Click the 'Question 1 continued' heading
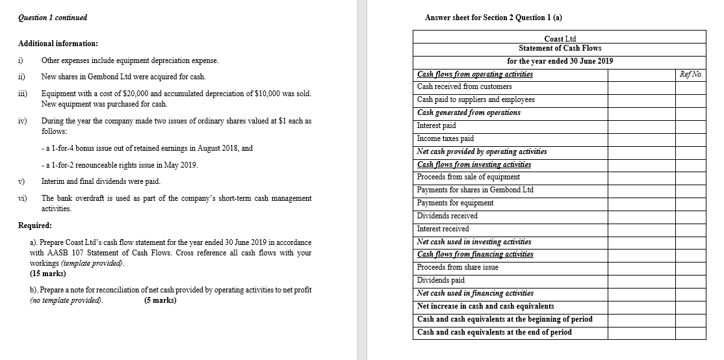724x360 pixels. coord(53,18)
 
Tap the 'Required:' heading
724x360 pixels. coord(36,225)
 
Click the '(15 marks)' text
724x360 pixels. coord(48,274)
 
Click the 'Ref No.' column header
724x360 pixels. coord(690,74)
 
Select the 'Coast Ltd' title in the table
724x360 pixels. coord(560,39)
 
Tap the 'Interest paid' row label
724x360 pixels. coord(436,125)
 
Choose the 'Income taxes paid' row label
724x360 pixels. coord(445,138)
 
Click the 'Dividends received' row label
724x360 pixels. coord(447,216)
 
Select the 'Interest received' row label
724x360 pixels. coord(443,229)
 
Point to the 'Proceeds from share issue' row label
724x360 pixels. coord(458,267)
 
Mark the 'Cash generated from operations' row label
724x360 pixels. coord(469,112)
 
